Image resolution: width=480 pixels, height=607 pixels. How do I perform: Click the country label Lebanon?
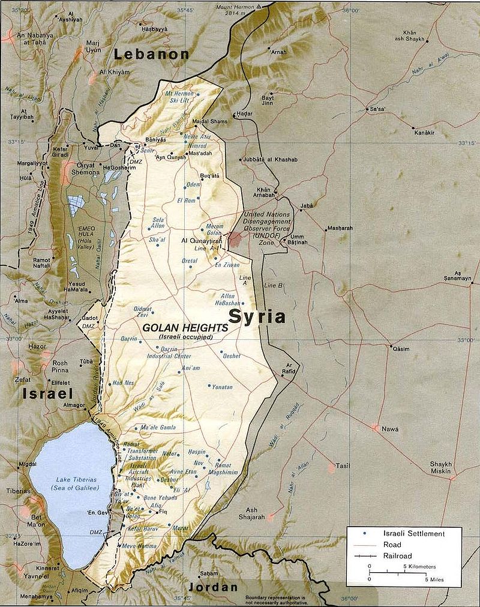point(152,54)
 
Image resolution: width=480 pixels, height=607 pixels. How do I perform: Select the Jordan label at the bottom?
point(212,587)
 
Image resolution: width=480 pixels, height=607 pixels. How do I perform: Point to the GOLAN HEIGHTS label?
point(185,328)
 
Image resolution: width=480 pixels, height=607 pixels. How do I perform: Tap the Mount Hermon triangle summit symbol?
point(259,5)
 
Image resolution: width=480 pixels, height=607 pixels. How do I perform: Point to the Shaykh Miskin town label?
point(445,468)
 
